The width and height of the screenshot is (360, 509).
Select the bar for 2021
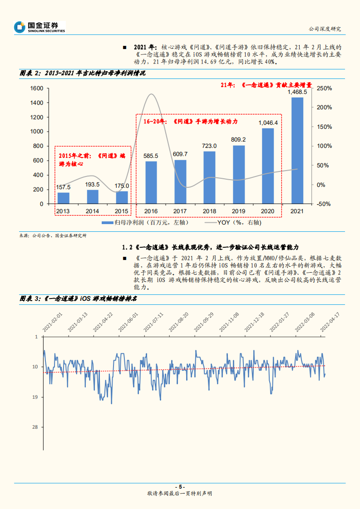(x=297, y=150)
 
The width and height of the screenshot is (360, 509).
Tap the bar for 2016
(x=151, y=182)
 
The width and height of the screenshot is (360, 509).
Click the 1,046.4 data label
(x=268, y=122)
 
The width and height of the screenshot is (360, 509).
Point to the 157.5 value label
(x=64, y=187)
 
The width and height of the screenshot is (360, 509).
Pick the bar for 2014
(x=93, y=196)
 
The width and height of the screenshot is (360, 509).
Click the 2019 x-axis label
(x=239, y=211)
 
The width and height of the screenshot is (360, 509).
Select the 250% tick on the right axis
(x=324, y=88)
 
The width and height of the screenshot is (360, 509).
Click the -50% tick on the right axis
(x=324, y=204)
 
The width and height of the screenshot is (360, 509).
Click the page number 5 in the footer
(x=180, y=487)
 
